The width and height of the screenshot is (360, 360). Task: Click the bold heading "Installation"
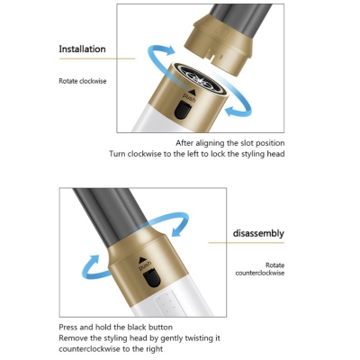(x=82, y=49)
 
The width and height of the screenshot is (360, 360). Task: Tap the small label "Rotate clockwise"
(x=81, y=81)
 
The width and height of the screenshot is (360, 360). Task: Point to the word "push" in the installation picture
(x=187, y=96)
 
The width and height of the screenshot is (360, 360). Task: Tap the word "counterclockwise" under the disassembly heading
(x=261, y=273)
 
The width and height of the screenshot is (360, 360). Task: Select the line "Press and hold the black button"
(x=115, y=327)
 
